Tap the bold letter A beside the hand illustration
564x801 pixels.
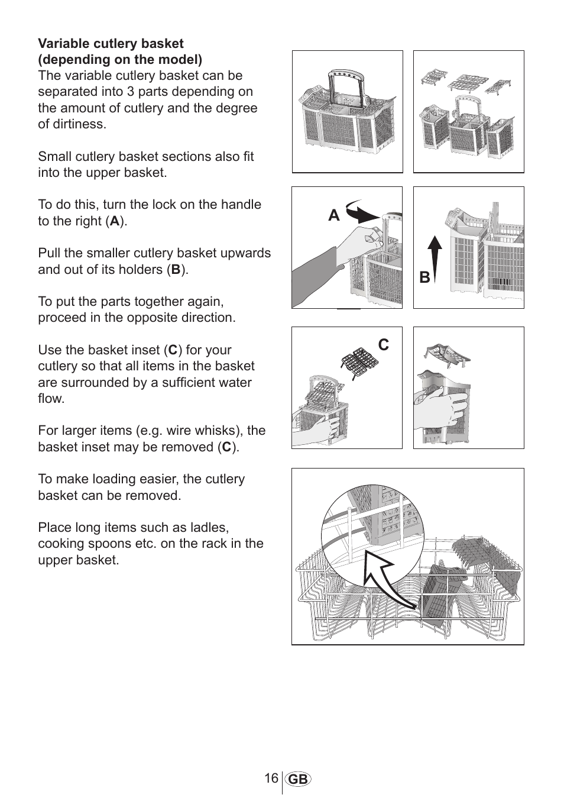pos(334,216)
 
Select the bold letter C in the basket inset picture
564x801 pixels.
pos(384,345)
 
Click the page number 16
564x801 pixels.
pos(271,779)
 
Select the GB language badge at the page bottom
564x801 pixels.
pos(299,780)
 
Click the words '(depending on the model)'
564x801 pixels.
pos(120,60)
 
